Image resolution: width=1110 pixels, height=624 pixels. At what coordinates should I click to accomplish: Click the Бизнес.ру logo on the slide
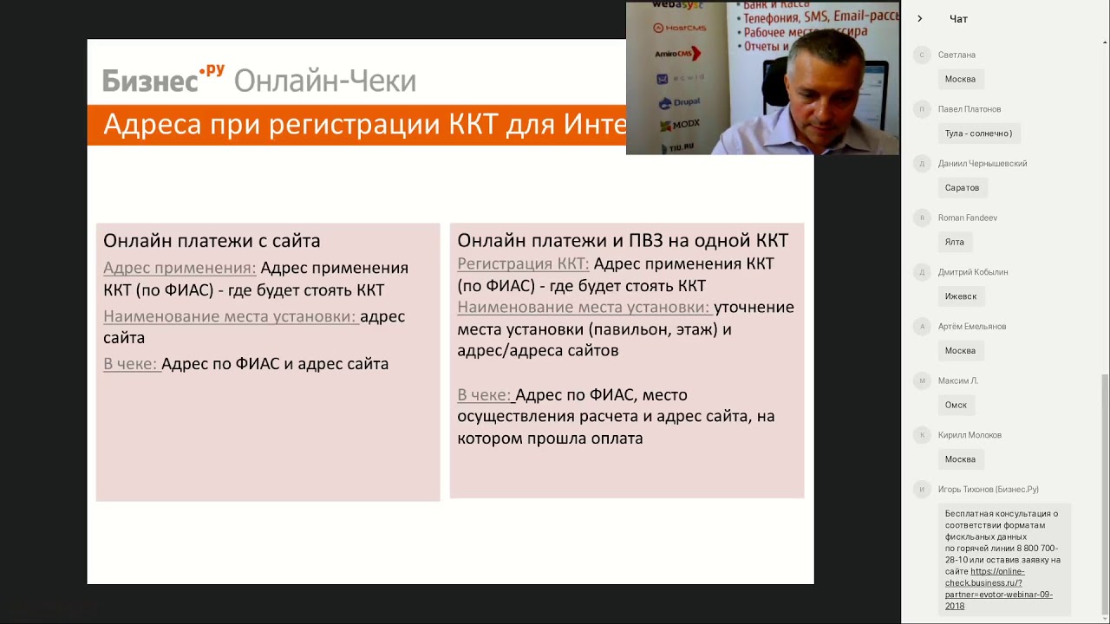(163, 79)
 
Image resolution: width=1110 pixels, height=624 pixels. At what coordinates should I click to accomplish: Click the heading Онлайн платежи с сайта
(212, 241)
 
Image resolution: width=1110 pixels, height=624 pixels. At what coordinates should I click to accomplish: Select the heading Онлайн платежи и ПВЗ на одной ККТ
(622, 241)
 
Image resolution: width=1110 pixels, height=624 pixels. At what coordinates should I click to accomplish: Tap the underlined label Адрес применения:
(180, 268)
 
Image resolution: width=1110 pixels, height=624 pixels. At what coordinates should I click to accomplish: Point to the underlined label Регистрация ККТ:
(523, 263)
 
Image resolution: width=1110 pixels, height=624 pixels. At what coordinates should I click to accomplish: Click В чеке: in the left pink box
(130, 364)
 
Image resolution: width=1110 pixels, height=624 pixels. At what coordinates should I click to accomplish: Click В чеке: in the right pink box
(484, 395)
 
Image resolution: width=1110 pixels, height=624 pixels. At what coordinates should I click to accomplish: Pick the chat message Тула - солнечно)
(978, 133)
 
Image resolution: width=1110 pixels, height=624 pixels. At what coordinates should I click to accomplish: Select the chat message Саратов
(962, 188)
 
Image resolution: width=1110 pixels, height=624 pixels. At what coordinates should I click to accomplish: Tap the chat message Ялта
(954, 243)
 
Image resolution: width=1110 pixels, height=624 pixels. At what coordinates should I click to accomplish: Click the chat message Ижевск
(960, 296)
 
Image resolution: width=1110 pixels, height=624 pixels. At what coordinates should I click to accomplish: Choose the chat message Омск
(956, 406)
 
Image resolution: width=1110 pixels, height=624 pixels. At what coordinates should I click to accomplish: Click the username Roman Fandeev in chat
(967, 218)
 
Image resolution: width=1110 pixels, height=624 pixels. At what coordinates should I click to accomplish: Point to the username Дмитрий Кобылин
(972, 272)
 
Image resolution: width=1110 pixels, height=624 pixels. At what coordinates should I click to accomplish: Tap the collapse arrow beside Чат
(920, 19)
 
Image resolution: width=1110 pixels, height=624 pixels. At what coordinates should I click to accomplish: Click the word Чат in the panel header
(958, 19)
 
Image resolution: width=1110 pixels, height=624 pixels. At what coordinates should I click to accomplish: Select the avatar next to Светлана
(922, 55)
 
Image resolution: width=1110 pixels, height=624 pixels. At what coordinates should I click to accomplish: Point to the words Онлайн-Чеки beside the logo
(325, 81)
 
